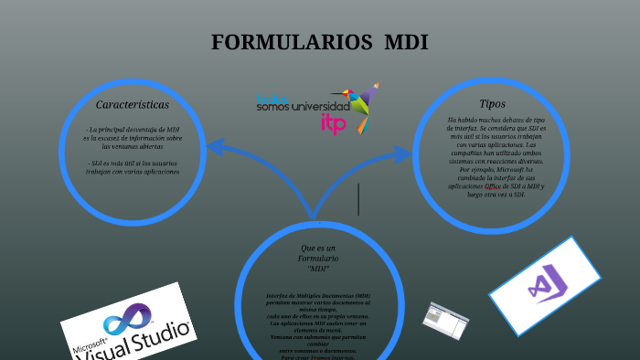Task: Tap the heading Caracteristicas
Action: coord(133,105)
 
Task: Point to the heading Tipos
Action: coord(492,104)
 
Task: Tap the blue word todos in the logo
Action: coord(272,98)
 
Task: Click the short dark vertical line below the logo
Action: coord(358,199)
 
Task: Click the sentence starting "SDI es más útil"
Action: coord(133,167)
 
